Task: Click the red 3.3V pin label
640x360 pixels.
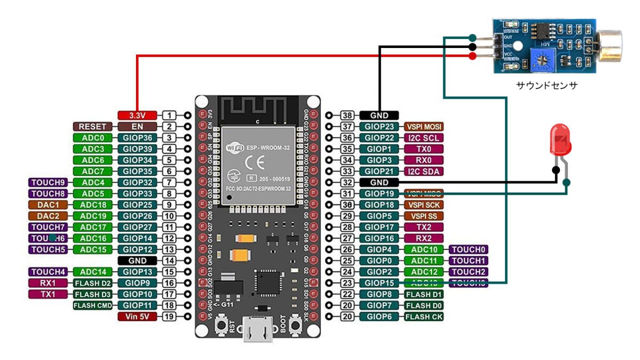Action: pyautogui.click(x=137, y=115)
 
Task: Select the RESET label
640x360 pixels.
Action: pyautogui.click(x=93, y=126)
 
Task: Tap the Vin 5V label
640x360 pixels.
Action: pyautogui.click(x=137, y=316)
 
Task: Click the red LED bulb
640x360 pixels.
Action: pyautogui.click(x=559, y=140)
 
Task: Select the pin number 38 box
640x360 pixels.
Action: pyautogui.click(x=347, y=115)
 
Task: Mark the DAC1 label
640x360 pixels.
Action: pyautogui.click(x=49, y=205)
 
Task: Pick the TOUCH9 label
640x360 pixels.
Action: pyautogui.click(x=49, y=182)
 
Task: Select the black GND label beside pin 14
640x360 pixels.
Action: pyautogui.click(x=137, y=261)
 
